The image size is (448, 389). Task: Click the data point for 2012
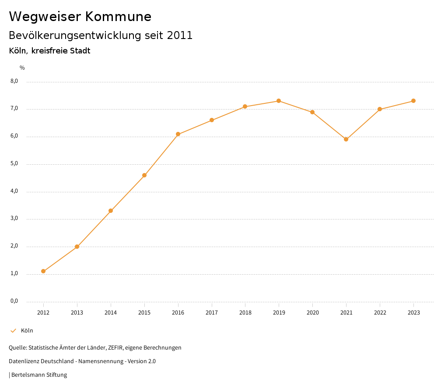(43, 271)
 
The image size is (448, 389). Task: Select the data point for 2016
(178, 134)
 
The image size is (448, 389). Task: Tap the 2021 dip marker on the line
(346, 139)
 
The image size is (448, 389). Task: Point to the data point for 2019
(279, 101)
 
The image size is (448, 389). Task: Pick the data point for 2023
(413, 101)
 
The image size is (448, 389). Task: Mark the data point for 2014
(111, 211)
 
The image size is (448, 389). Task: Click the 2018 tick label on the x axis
(245, 313)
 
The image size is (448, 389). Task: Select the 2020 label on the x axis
(312, 313)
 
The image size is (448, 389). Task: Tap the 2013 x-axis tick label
(77, 313)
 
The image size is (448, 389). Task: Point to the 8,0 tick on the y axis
(14, 81)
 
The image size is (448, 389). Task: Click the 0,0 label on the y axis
(14, 301)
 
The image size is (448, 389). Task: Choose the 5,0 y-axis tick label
(14, 163)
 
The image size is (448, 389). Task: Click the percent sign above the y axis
(22, 68)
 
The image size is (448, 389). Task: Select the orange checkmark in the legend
(13, 331)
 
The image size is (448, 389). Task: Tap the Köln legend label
(27, 331)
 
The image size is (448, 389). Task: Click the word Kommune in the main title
(118, 17)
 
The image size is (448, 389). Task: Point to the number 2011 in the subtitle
(180, 35)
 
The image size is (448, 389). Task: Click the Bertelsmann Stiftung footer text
(39, 375)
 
